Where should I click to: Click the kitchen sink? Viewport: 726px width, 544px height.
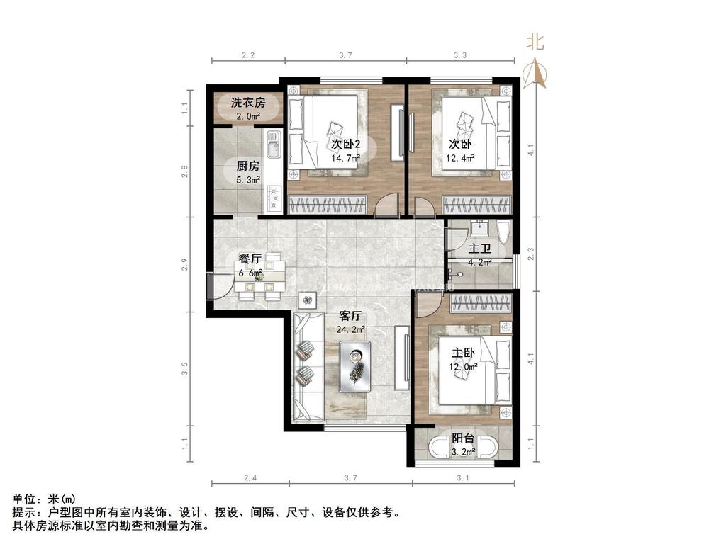[273, 149]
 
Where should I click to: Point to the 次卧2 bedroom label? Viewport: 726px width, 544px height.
[346, 144]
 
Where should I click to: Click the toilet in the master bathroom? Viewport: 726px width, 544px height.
[503, 234]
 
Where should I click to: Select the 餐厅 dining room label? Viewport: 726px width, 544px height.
[250, 259]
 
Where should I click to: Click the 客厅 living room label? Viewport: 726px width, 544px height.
[350, 316]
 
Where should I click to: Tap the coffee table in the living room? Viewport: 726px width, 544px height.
[354, 365]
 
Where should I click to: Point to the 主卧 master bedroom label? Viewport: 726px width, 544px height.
[462, 353]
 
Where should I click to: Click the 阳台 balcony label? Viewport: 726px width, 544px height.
[464, 438]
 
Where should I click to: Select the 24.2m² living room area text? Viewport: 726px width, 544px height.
[350, 329]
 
